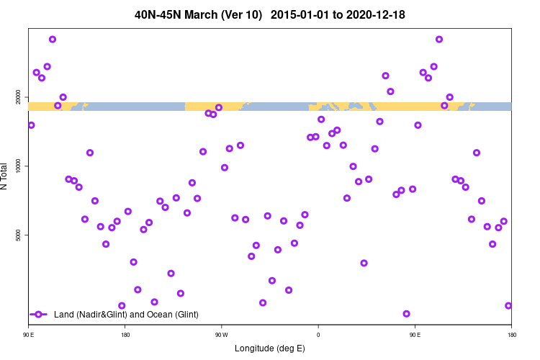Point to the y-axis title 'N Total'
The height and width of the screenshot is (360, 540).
click(6, 176)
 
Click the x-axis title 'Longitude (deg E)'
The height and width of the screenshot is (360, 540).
click(270, 348)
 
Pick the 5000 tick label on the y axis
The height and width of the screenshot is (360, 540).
click(22, 235)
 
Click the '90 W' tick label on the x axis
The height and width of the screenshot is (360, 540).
click(221, 335)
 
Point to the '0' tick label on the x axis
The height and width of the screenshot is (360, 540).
click(318, 335)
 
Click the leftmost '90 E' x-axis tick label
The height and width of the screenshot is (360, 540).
click(29, 335)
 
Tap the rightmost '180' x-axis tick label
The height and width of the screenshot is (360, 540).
click(511, 335)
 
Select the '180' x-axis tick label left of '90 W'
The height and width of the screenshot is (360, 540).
click(125, 335)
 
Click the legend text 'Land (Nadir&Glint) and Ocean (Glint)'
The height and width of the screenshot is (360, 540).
click(126, 315)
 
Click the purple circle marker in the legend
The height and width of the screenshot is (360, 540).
click(39, 315)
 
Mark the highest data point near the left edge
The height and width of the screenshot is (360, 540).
click(53, 39)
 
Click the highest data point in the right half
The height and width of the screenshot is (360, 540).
click(439, 39)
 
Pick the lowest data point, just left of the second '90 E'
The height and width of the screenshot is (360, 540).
click(407, 314)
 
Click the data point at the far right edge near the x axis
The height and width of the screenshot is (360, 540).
click(508, 305)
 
